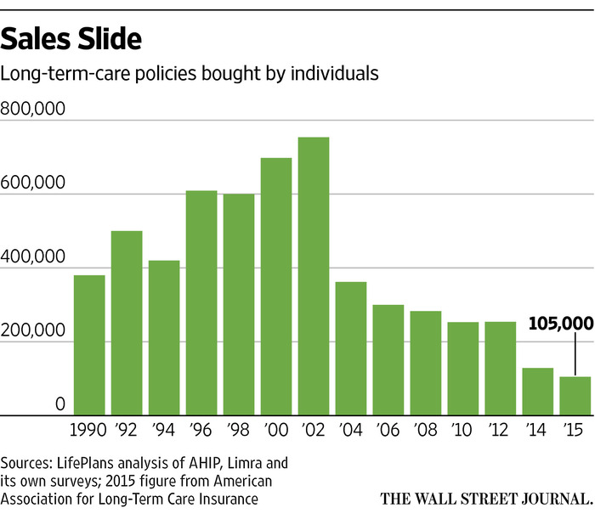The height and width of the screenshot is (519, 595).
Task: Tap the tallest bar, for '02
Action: coord(314,276)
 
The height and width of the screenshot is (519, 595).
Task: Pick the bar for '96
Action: coord(201,302)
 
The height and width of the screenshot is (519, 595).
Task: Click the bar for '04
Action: coord(351,348)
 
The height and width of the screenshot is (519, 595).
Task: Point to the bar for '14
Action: coord(538,392)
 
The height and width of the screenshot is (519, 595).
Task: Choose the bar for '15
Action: coord(575,396)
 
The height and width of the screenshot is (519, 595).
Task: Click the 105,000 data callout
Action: coord(558,324)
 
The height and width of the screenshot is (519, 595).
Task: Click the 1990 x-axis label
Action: coord(89,432)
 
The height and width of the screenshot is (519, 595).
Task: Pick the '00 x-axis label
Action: coord(276,432)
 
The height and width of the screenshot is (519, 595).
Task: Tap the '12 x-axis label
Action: coord(501,432)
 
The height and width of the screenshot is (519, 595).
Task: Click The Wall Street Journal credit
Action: coord(487,498)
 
